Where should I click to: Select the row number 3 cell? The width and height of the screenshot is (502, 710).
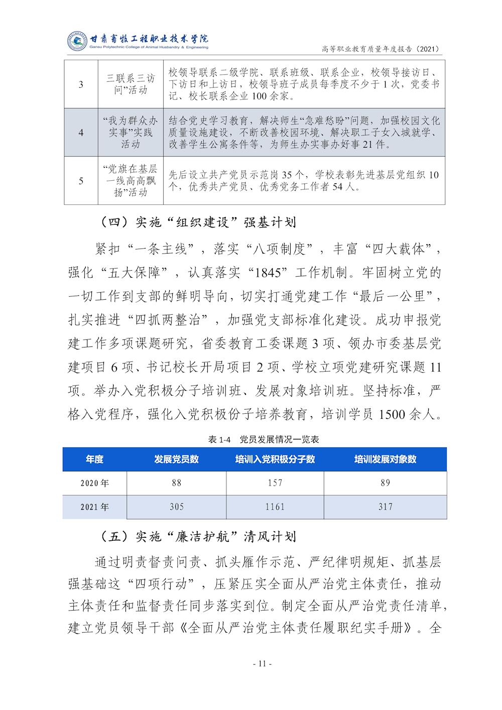(81, 84)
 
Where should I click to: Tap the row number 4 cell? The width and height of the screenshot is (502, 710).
(81, 133)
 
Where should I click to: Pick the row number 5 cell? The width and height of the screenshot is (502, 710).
(81, 181)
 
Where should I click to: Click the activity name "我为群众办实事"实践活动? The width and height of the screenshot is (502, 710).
(131, 133)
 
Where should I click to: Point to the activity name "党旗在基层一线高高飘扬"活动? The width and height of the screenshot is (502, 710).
(131, 181)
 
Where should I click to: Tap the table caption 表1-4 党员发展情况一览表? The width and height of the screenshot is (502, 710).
(264, 440)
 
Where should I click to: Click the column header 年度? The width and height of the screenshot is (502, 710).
(94, 459)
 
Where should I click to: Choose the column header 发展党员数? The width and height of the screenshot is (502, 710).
(176, 459)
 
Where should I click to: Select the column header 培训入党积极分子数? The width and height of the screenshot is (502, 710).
(275, 459)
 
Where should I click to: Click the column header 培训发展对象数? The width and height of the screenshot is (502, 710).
(385, 459)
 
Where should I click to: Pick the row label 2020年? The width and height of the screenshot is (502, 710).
(94, 484)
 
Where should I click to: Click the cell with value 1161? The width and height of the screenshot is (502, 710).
(275, 507)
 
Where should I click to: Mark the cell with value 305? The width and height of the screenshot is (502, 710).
(176, 507)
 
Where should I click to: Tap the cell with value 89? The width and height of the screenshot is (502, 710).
(385, 484)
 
